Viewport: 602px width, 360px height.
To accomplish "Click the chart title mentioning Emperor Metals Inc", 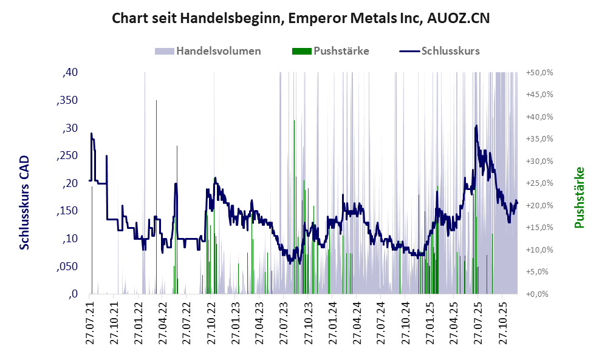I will pyautogui.click(x=301, y=19).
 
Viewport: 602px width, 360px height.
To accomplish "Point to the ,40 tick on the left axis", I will pyautogui.click(x=70, y=73).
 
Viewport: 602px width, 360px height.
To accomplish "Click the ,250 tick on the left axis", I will pyautogui.click(x=67, y=156).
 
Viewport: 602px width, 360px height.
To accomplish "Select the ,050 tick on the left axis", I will pyautogui.click(x=67, y=267).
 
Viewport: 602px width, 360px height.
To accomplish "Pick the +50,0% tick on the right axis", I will pyautogui.click(x=539, y=73).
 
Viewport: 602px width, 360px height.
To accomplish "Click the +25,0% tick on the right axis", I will pyautogui.click(x=539, y=183).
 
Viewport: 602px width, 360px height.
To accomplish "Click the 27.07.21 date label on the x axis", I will pyautogui.click(x=91, y=323).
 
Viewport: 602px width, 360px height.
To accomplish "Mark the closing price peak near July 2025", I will pyautogui.click(x=476, y=126).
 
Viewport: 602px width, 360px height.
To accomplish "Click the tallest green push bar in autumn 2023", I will pyautogui.click(x=294, y=121).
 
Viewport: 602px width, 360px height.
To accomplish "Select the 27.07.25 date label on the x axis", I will pyautogui.click(x=477, y=323).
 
